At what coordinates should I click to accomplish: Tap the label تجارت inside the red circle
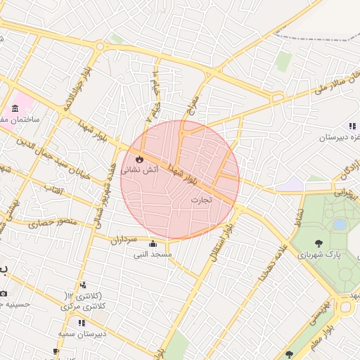[201, 200]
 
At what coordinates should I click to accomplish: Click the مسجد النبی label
[153, 254]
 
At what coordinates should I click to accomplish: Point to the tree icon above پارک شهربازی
[319, 243]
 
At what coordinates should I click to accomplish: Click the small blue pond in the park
[340, 224]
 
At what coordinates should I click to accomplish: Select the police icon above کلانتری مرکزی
[84, 285]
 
